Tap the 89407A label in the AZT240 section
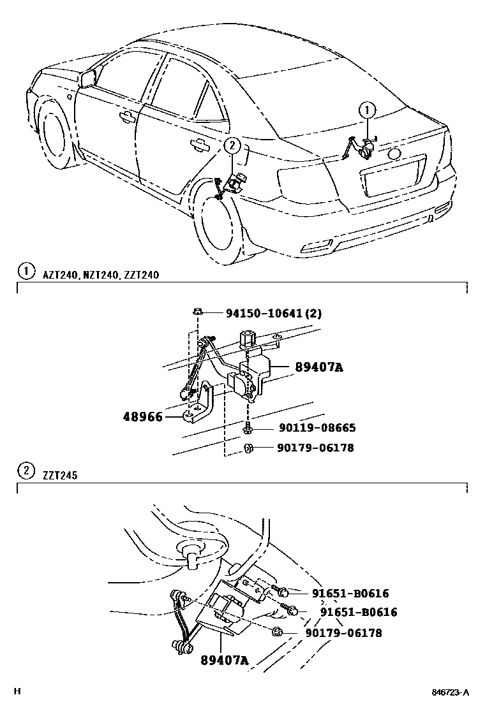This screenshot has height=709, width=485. [x=319, y=367]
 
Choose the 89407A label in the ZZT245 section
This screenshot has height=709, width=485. [x=223, y=661]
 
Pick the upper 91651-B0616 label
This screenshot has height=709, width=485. [x=350, y=594]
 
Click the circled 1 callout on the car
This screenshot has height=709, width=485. [x=367, y=110]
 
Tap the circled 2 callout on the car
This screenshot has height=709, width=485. [x=232, y=146]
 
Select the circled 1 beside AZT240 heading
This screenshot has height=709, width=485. [x=26, y=272]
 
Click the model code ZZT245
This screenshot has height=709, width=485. [x=61, y=474]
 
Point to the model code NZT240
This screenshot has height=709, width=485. [x=101, y=275]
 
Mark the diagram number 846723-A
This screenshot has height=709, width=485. [x=450, y=693]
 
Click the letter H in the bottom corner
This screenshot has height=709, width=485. [x=18, y=692]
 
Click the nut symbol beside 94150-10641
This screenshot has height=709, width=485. [x=198, y=312]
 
